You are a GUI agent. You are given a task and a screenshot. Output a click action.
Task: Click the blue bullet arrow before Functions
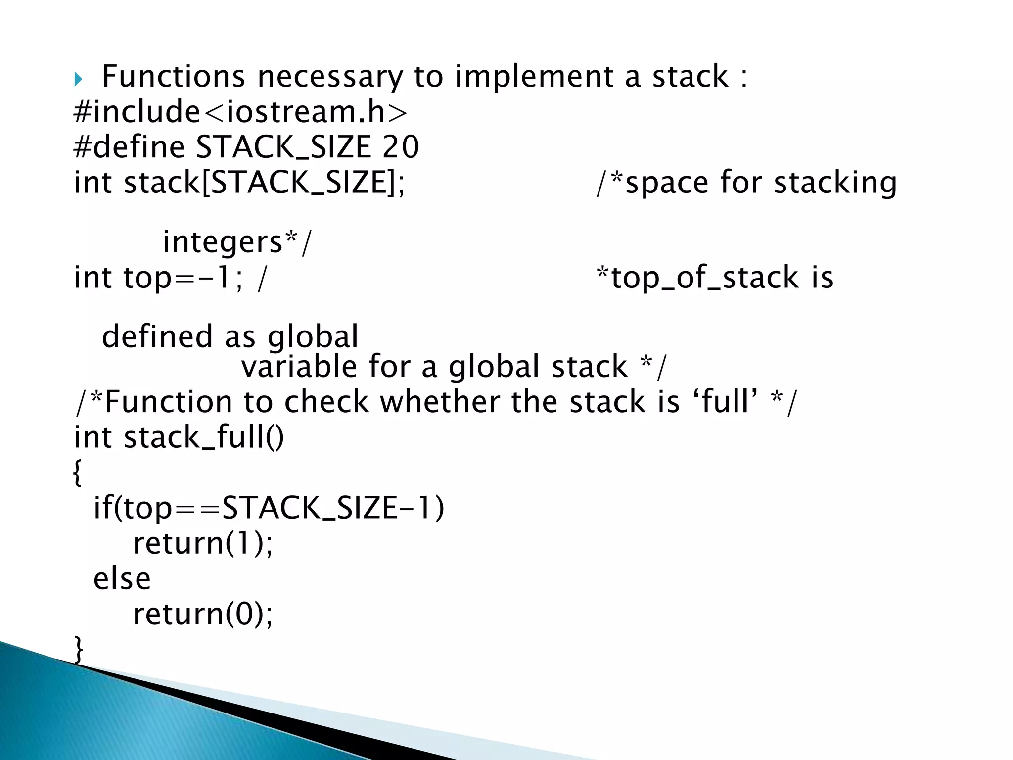[x=78, y=79]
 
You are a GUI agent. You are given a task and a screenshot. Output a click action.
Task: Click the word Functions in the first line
[x=173, y=77]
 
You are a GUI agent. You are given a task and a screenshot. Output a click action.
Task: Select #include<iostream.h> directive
[x=241, y=112]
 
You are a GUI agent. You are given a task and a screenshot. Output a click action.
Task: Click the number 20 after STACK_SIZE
[x=401, y=147]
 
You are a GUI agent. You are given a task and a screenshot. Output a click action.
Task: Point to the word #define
[x=129, y=147]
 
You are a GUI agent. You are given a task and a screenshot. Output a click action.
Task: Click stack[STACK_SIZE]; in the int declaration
[x=264, y=183]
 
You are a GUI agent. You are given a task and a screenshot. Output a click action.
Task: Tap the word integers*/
[x=237, y=242]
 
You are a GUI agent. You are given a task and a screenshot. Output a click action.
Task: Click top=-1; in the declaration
[x=183, y=278]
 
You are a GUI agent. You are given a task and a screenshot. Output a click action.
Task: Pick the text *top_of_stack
[x=698, y=278]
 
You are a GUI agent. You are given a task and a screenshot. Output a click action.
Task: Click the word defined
[x=157, y=337]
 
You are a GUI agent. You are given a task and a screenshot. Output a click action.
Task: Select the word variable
[x=299, y=367]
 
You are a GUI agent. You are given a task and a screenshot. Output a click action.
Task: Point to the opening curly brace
[x=77, y=473]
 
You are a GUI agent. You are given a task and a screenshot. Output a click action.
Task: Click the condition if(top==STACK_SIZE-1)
[x=269, y=508]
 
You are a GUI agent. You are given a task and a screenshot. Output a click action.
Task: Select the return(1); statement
[x=203, y=544]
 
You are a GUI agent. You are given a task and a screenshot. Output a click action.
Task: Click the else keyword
[x=122, y=579]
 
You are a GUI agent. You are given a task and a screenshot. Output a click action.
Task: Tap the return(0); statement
[x=203, y=615]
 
